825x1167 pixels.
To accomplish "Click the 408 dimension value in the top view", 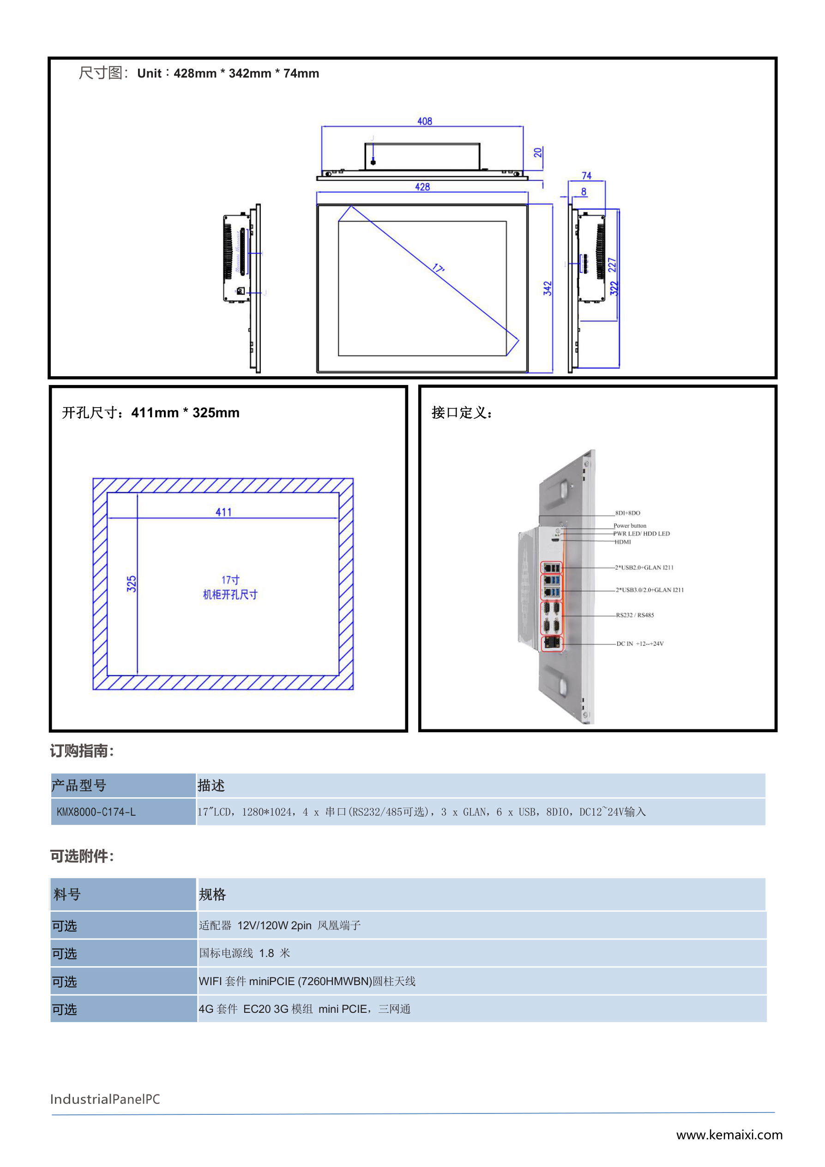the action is tap(424, 121).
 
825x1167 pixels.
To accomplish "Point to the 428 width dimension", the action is tap(422, 186).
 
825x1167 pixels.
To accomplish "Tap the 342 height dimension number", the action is tap(547, 288).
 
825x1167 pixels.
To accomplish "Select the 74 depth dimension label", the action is tap(587, 175).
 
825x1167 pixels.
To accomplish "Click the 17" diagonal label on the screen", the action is tap(438, 268).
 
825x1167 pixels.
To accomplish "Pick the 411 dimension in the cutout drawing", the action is tap(223, 512).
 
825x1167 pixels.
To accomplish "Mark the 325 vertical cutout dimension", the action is tap(131, 583).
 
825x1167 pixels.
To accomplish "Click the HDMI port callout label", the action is tap(623, 542).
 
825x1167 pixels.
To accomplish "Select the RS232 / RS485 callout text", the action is tap(635, 615).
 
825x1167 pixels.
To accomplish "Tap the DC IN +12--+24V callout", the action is tap(640, 644).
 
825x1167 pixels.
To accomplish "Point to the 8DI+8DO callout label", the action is tap(628, 513).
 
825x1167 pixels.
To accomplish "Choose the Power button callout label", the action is tap(630, 525).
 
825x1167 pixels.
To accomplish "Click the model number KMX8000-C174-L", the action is tap(96, 812).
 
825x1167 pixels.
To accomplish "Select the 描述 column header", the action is tap(211, 785).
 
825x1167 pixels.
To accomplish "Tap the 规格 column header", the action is tap(212, 894).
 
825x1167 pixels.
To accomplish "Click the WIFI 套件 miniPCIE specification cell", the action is tap(307, 981).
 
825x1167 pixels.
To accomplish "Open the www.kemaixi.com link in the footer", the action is tap(729, 1135).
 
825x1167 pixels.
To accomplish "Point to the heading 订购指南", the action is tap(82, 751).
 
